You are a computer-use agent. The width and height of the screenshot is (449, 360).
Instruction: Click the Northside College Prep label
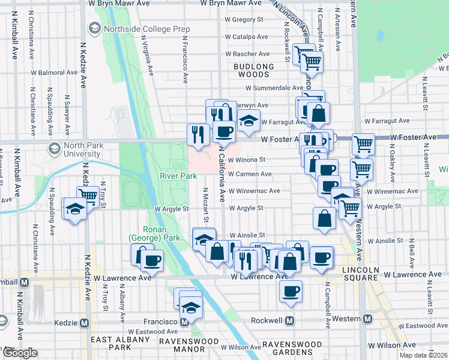point(147,29)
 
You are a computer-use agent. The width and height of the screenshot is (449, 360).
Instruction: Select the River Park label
point(178,176)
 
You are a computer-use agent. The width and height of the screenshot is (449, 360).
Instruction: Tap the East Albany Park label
point(119,343)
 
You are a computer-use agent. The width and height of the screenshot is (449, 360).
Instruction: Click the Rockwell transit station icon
point(289,321)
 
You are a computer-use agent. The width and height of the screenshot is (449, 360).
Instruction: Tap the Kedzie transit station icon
point(84,323)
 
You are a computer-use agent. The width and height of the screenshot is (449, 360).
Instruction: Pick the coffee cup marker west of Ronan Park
point(152,260)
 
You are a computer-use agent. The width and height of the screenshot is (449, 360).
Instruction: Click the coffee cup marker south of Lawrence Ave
point(291,291)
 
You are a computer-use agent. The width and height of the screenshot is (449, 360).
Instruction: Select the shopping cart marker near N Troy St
point(88,196)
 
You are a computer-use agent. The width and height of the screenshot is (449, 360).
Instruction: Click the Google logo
point(20,353)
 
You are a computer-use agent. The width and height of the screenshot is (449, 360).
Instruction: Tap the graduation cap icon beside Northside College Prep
point(95,28)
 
